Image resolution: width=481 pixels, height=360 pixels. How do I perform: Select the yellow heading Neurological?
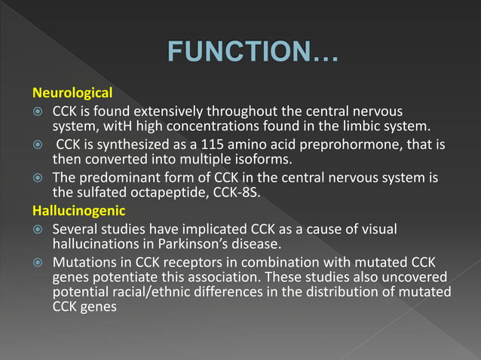click(x=72, y=94)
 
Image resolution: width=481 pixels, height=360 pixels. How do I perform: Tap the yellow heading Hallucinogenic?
click(x=78, y=211)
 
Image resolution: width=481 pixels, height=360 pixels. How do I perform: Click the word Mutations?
click(x=83, y=262)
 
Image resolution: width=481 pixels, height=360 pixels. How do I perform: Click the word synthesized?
click(x=138, y=144)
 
